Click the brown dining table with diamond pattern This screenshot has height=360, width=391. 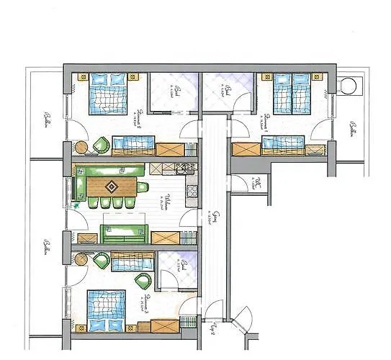(x=112, y=187)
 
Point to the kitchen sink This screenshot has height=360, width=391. (x=184, y=170)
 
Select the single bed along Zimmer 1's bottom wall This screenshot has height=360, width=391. (x=283, y=147)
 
